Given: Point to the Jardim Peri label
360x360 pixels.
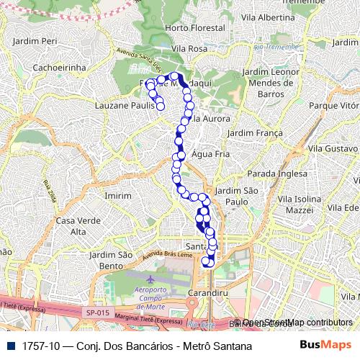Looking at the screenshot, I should point(35,41).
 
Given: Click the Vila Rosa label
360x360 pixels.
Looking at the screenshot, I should point(190,48).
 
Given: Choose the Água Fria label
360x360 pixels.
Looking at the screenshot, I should point(211,153).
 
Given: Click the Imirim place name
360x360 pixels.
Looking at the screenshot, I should point(118,195).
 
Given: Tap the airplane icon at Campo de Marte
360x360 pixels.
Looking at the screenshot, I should point(149,279).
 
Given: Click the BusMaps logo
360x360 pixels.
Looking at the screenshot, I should point(325,346).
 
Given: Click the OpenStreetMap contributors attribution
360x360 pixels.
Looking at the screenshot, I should point(297,323).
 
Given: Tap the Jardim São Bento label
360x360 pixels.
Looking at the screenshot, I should point(110,261).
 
